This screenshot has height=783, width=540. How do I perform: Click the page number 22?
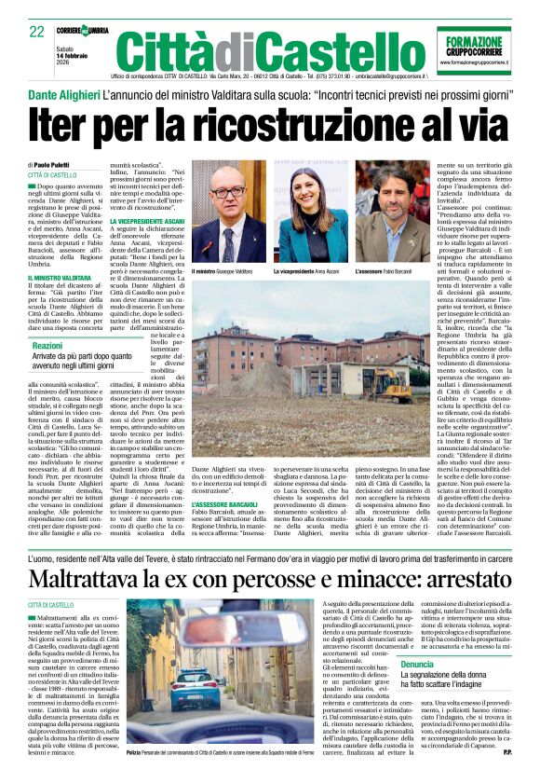37,31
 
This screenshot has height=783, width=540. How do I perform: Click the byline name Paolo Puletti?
60,165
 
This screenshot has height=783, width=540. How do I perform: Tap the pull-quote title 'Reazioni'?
47,345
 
